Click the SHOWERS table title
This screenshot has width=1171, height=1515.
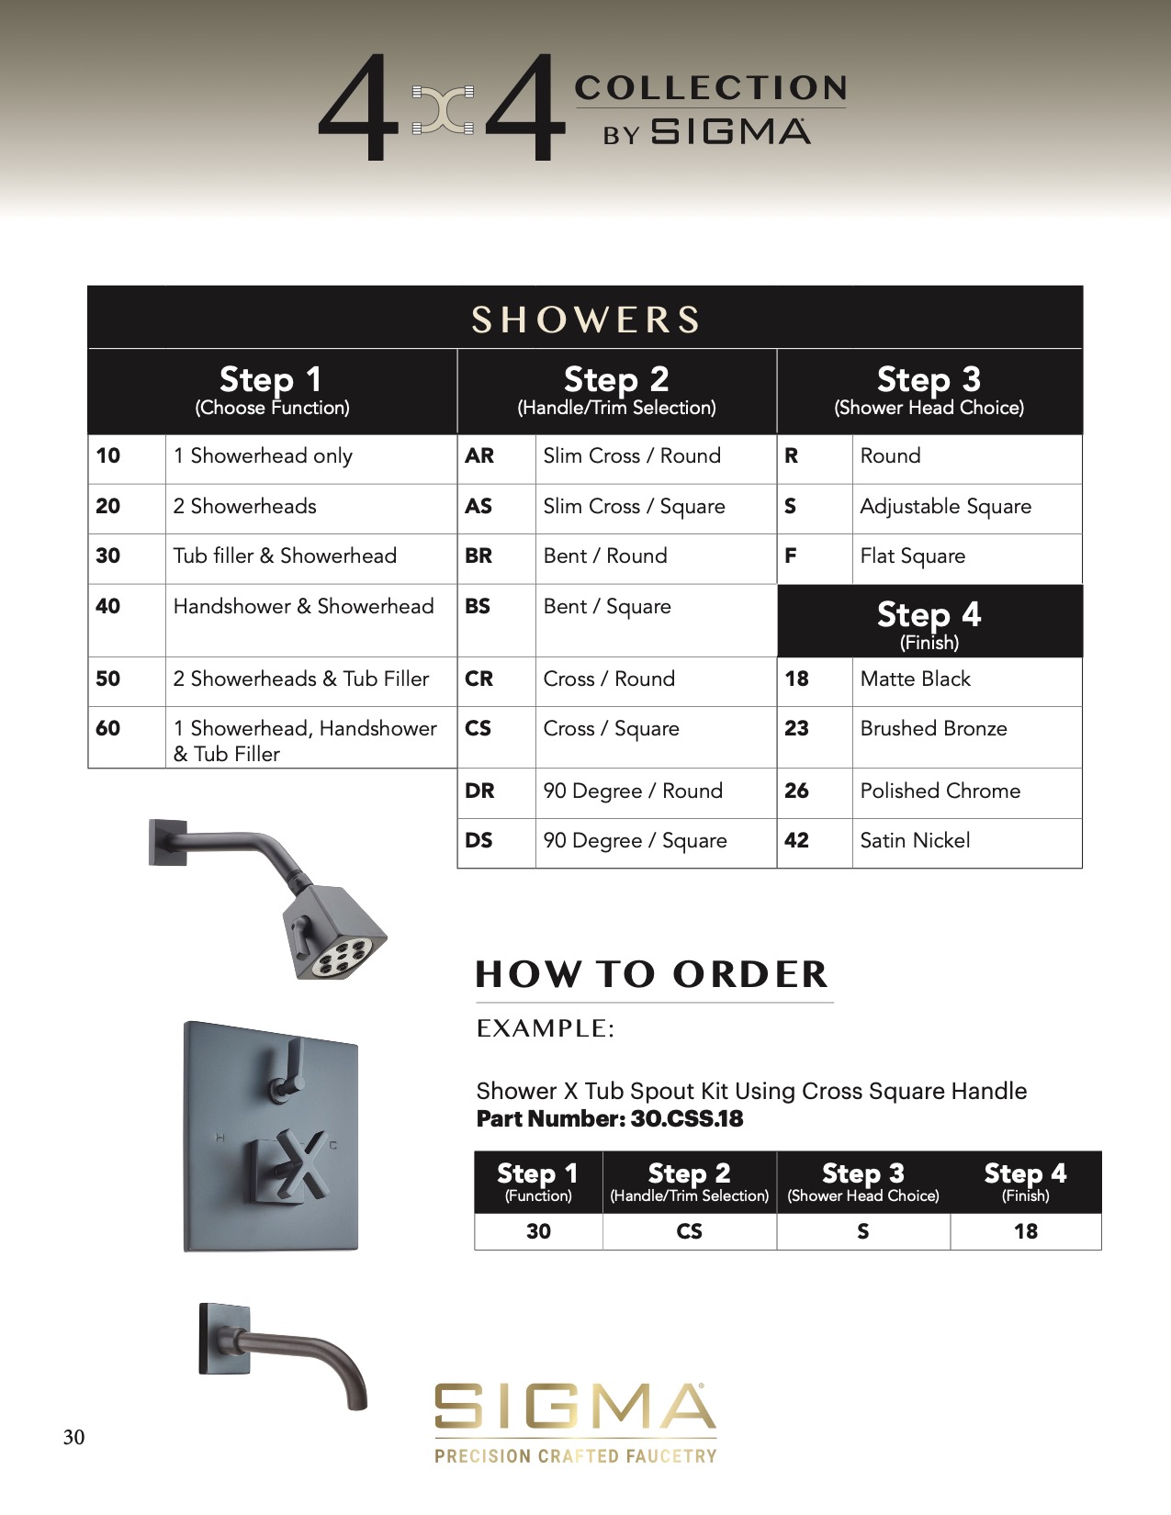pos(585,320)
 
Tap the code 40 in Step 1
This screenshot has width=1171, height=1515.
pos(108,606)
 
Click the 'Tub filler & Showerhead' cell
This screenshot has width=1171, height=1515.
pos(285,555)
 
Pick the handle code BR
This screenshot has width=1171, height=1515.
pos(479,555)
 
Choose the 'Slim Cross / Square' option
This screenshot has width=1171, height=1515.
pos(634,506)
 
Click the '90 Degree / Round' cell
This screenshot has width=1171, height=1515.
pos(633,791)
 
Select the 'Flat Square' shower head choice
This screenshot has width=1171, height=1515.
pos(912,555)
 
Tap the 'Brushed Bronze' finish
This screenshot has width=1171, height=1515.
pos(933,728)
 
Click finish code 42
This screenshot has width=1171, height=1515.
pos(796,840)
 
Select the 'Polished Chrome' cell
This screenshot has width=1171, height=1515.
pos(940,791)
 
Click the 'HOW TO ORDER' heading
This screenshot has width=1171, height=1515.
pos(652,974)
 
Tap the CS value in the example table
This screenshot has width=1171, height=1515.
pos(689,1231)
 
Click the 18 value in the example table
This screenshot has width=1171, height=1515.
pos(1025,1231)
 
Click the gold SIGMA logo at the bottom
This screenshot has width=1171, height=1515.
pos(575,1408)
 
